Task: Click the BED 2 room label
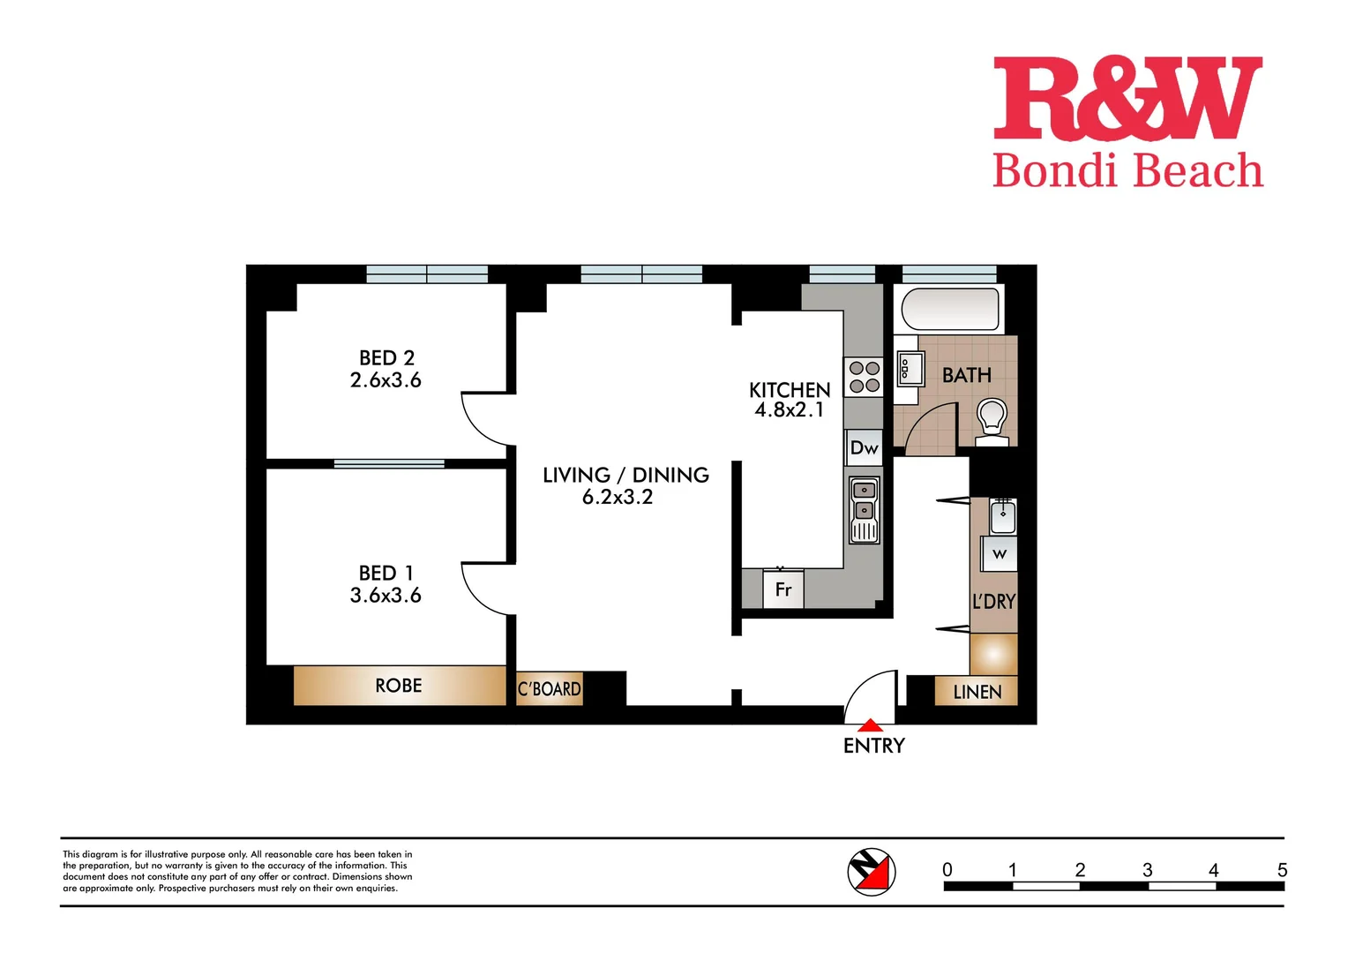pos(386,357)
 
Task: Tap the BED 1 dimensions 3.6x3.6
pos(386,596)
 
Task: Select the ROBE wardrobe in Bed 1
pos(399,686)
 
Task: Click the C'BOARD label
pos(549,689)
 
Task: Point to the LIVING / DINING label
pos(625,475)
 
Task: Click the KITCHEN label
pos(790,390)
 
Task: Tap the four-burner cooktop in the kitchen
pos(864,377)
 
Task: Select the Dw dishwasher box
pos(864,448)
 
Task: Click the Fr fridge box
pos(783,589)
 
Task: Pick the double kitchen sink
pos(865,510)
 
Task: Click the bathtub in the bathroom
pos(950,310)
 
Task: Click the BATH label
pos(967,375)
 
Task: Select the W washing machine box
pos(1000,554)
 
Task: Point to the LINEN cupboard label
pos(977,692)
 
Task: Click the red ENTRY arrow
pos(871,726)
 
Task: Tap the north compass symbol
pos(872,872)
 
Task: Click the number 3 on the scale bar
pos(1147,870)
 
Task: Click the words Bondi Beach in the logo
pos(1127,170)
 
